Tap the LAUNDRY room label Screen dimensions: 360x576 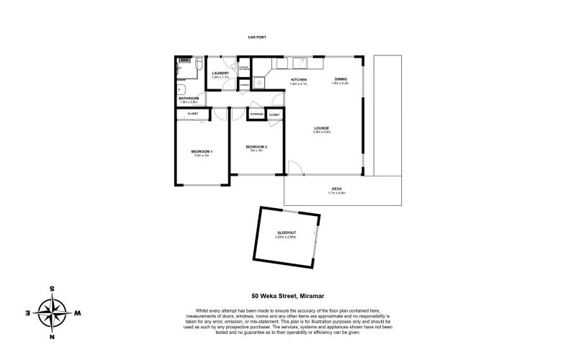tap(220, 73)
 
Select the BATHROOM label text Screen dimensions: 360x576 tap(189, 98)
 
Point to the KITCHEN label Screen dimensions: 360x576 tap(298, 79)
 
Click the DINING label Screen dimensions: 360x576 tap(340, 78)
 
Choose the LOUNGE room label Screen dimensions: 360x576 tap(321, 128)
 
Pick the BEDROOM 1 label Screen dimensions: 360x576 tap(202, 150)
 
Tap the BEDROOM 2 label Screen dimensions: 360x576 tap(256, 146)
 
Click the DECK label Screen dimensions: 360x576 tap(336, 189)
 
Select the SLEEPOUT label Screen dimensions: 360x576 tap(287, 232)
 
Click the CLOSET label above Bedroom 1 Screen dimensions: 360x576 tap(193, 114)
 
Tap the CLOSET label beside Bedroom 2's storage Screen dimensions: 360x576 tap(274, 114)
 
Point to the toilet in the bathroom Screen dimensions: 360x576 tap(197, 66)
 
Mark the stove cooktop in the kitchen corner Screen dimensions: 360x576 tap(258, 81)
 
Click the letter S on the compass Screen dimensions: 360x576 tap(52, 289)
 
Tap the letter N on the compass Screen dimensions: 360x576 tap(52, 336)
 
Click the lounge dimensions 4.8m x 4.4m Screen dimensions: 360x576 tap(321, 132)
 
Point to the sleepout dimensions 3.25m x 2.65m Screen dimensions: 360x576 tap(287, 236)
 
